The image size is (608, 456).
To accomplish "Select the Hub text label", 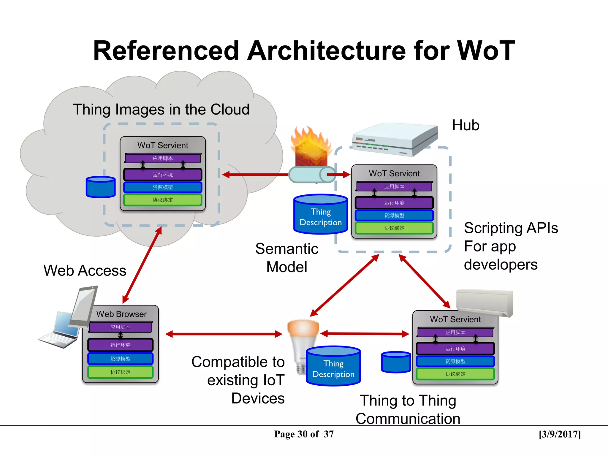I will coord(465,125).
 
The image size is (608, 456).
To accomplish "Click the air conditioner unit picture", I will coord(484,302).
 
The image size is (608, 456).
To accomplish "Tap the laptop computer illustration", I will coord(59,330).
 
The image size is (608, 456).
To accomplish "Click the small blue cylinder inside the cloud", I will coord(101,187).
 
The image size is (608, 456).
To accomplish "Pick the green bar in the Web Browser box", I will coord(120,372).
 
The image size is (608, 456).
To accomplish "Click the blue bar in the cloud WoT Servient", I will coord(163,187).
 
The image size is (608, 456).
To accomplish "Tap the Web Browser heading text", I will coord(121,314).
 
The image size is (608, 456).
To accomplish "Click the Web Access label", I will coord(85,270).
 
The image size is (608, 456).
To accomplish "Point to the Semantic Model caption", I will coord(287,258).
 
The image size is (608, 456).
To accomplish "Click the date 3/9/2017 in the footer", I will coord(560,434).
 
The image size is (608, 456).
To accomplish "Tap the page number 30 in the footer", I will coord(303,434).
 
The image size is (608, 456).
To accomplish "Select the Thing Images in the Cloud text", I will coord(161,109).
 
